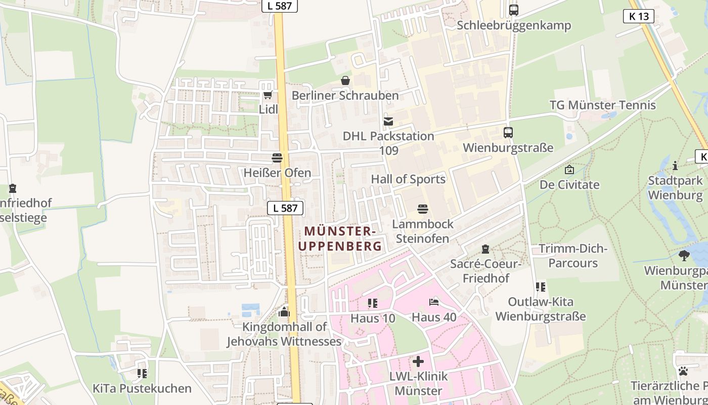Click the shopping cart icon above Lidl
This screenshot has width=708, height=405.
point(268,95)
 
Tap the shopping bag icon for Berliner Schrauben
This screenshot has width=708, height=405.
point(345,80)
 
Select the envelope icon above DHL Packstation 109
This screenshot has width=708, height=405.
point(388,121)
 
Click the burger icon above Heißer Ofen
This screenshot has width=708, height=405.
point(277,158)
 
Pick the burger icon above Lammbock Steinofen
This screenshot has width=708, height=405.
point(423,209)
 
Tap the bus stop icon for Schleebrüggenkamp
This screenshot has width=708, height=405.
point(514,10)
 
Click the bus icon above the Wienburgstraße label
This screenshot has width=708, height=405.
point(508,133)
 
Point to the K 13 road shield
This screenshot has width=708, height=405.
point(638,16)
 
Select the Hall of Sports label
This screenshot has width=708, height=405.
point(408,179)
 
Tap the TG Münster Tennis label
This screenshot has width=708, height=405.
point(603,105)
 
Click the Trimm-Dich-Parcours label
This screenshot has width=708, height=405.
point(573,256)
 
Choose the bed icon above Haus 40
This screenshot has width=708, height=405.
point(434,303)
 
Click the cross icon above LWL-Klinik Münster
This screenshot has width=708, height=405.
point(418,362)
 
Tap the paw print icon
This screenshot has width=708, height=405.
point(683,371)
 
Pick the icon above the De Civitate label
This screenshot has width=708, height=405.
point(569,170)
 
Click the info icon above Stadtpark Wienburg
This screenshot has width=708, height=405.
point(675,166)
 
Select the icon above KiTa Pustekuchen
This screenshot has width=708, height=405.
point(142,374)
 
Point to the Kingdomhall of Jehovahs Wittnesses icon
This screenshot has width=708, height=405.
point(284,311)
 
